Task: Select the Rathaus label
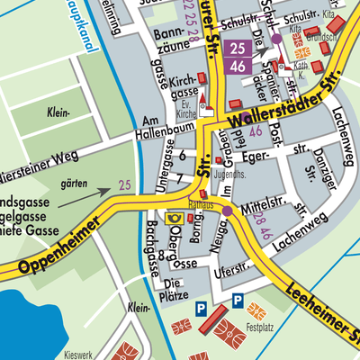tap(201, 205)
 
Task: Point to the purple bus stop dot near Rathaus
tap(228, 211)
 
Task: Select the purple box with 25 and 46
tap(238, 57)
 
